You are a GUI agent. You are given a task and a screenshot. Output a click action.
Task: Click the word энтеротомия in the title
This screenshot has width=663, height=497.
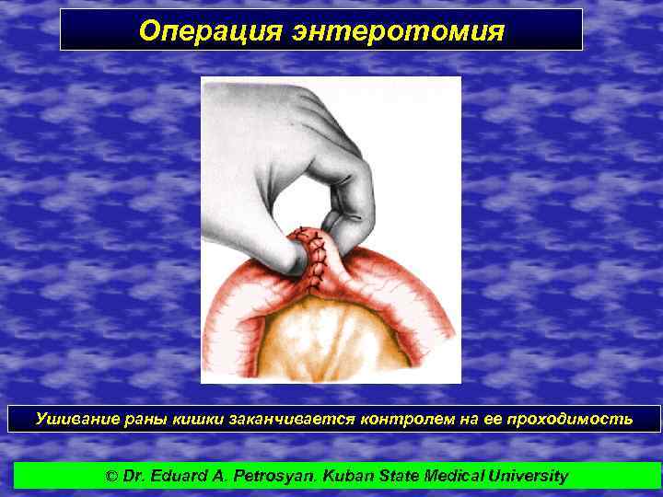[x=398, y=31]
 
